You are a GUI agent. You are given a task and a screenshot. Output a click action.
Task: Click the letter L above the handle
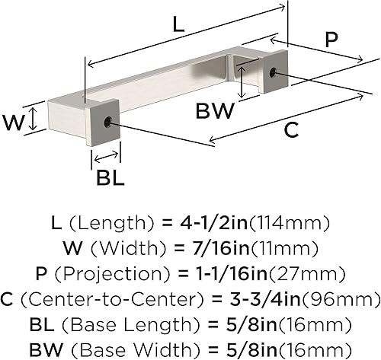(x=178, y=24)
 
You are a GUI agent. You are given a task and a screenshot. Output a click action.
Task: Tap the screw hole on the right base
(x=274, y=73)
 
